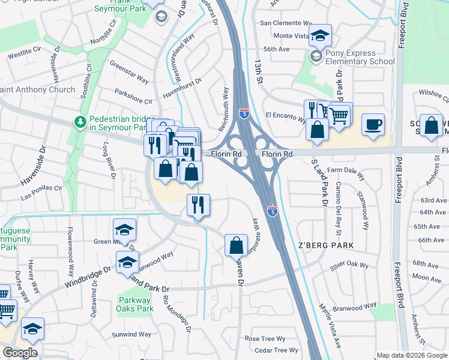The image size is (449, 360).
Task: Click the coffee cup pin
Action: tap(373, 124)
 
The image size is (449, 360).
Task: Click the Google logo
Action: tap(20, 353)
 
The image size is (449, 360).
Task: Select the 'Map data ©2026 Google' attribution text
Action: tap(412, 355)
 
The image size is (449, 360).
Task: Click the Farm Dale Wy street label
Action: tap(345, 170)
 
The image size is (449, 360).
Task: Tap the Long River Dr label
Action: tap(109, 160)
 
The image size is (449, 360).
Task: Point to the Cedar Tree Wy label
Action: tap(276, 350)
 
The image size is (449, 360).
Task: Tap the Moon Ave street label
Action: tap(427, 278)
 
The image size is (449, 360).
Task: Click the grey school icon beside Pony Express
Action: tap(316, 57)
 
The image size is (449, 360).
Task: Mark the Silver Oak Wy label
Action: tap(342, 264)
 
